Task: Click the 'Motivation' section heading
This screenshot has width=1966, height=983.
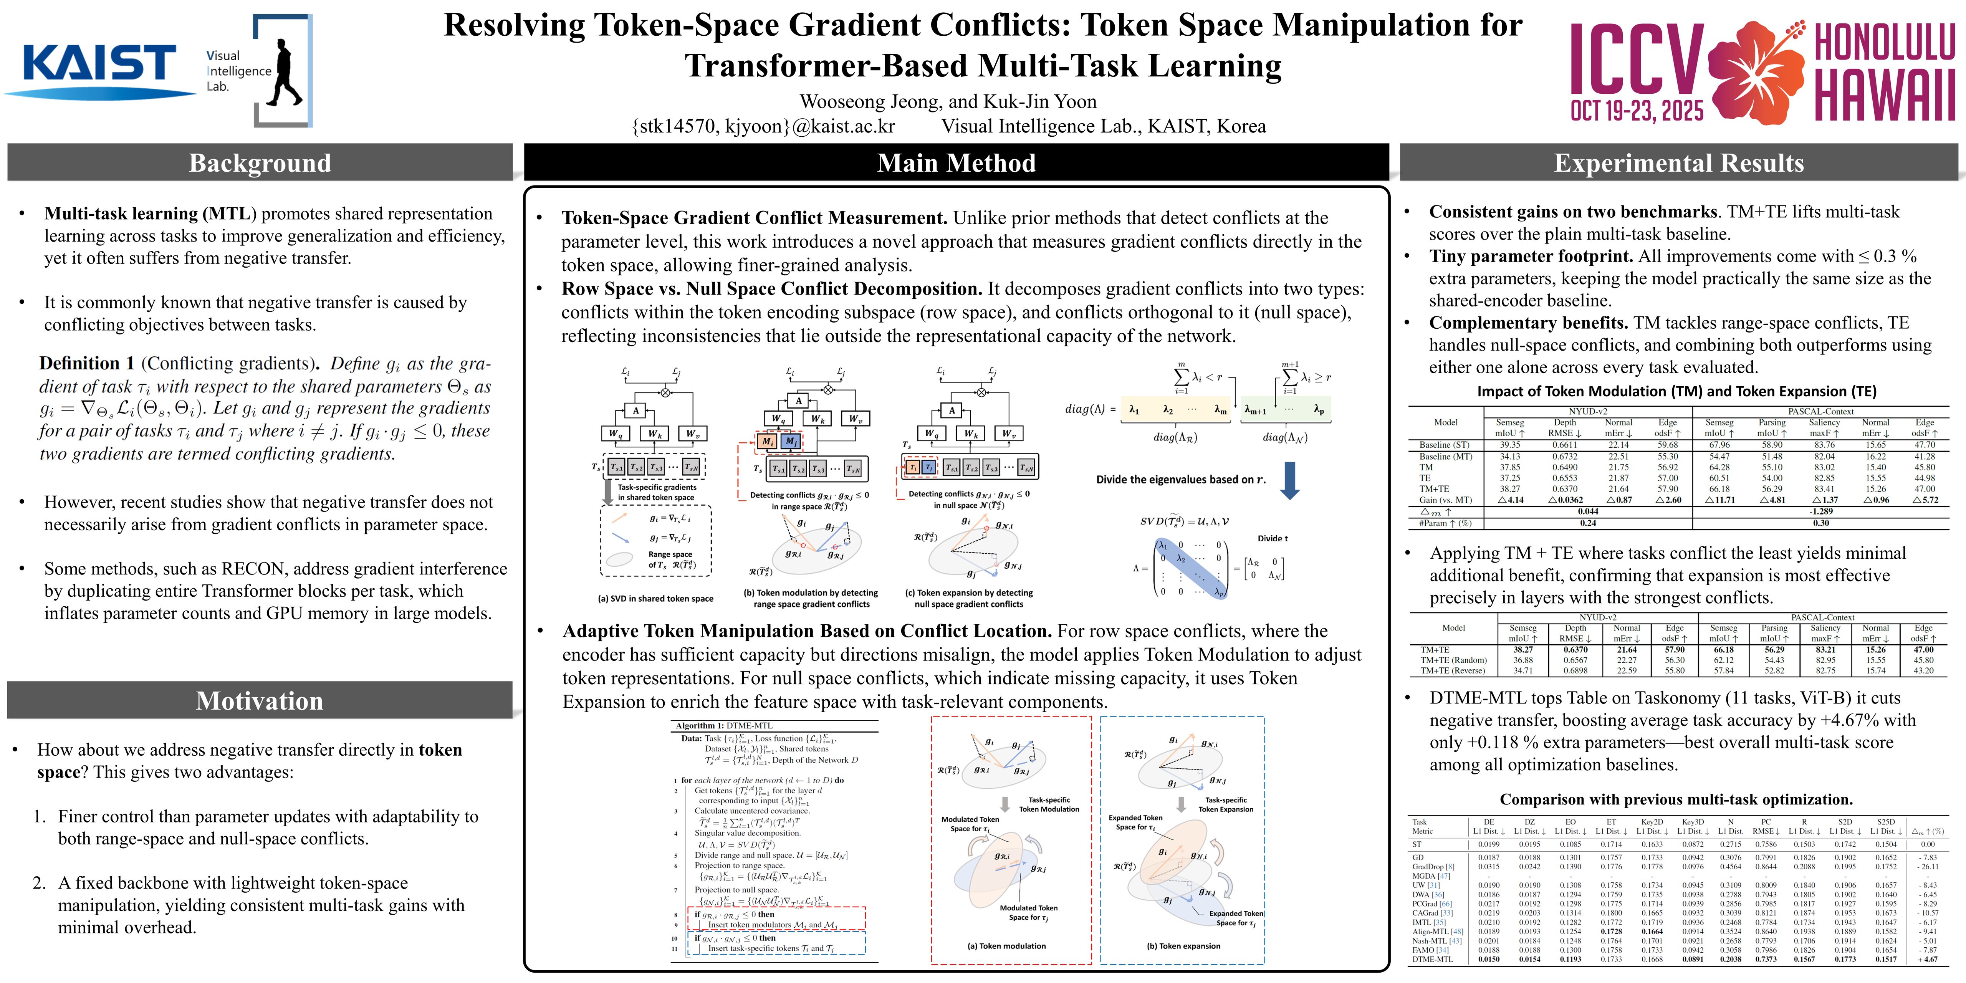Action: [260, 701]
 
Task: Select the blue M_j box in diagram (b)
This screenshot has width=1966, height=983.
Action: [791, 441]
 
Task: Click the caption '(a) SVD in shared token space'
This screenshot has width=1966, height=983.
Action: [655, 598]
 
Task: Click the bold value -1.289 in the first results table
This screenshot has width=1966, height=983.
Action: [1820, 511]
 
